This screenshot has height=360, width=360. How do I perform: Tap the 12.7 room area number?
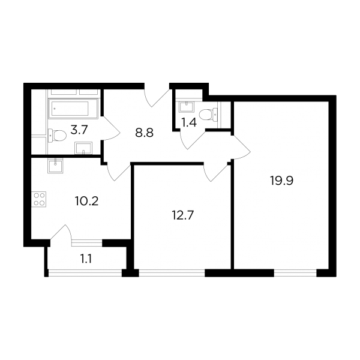pos(183,215)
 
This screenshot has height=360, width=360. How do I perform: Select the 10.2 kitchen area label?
pos(86,201)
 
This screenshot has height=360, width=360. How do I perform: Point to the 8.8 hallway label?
pos(144,133)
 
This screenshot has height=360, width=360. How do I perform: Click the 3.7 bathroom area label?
pos(79,130)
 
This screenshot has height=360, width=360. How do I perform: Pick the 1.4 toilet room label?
pos(189,122)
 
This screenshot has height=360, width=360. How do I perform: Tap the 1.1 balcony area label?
pos(86,259)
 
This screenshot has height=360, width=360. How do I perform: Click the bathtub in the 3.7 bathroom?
pos(73,109)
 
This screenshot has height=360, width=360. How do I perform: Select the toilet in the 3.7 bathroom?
pos(57,135)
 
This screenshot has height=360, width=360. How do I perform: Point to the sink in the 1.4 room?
pos(187,107)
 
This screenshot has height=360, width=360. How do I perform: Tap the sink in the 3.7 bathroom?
pos(83,148)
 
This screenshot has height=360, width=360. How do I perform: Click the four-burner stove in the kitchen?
pos(40,199)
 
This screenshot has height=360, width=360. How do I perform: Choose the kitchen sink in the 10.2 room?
pos(55,166)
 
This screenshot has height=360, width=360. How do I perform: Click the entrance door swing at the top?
pos(158,98)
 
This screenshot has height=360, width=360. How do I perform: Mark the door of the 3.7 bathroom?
pos(110,128)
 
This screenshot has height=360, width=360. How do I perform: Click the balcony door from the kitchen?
pos(61,232)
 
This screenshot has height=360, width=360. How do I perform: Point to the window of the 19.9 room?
pos(295,273)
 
